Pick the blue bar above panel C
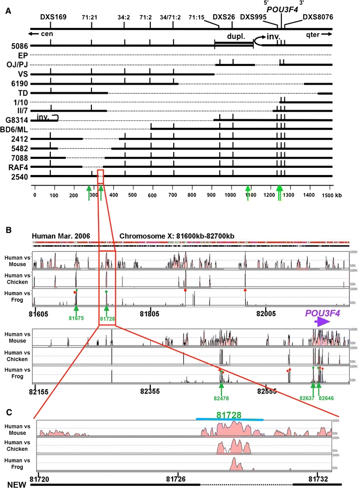coord(230,420)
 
